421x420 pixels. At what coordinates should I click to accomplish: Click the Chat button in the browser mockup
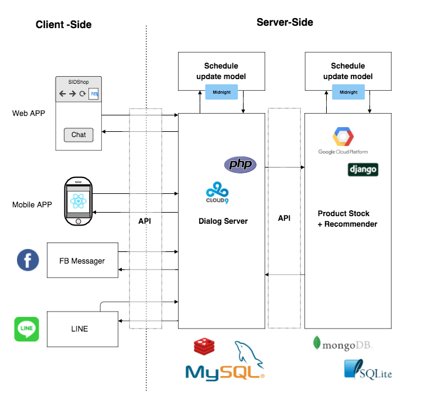pos(78,135)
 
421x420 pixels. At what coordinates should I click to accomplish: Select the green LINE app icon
pos(26,329)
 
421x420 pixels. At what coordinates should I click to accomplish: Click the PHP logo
pos(240,165)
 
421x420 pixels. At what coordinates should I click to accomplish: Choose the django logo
pos(363,170)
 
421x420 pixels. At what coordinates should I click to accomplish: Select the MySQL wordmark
pos(225,371)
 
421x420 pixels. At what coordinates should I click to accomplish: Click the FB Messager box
pos(83,260)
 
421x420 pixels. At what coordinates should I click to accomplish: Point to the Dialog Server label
pos(223,221)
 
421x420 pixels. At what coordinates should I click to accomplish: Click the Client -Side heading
pos(63,25)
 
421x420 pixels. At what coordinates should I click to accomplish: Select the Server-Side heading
pos(285,22)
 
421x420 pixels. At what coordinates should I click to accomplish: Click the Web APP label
pos(28,113)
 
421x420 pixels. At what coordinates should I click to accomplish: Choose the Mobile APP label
pos(33,205)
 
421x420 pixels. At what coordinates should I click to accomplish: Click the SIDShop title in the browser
pos(78,83)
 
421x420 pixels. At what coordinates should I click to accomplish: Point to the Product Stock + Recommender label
pos(347,218)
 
